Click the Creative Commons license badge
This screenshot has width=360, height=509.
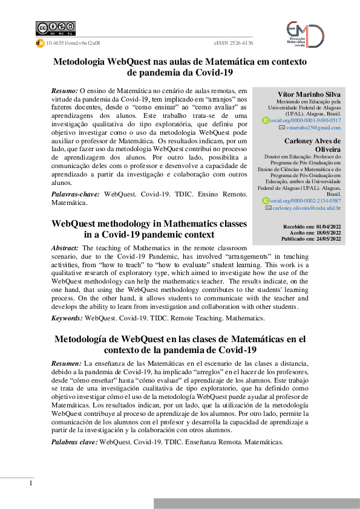56,28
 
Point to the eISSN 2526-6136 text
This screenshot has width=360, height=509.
234,43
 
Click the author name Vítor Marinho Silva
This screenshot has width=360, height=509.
309,95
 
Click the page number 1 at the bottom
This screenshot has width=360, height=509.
30,484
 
